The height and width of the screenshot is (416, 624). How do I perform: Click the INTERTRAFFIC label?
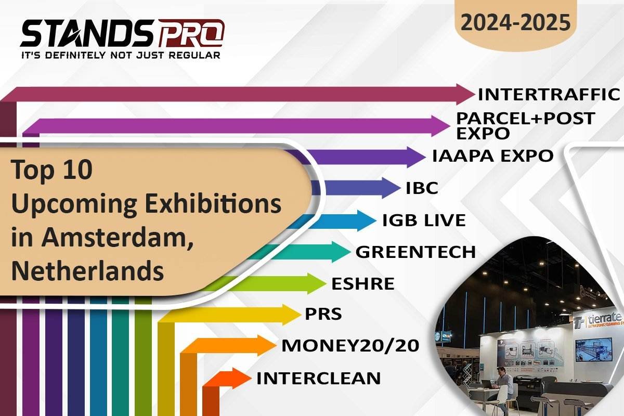point(549,95)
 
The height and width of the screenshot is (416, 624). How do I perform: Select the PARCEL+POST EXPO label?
point(525,125)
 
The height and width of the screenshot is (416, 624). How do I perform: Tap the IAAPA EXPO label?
point(492,155)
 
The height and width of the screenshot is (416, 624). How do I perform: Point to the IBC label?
point(422,188)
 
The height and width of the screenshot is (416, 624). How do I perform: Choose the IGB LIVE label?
point(423,220)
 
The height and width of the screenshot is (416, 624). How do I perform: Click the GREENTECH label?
point(415,252)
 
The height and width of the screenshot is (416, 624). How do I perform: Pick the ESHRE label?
point(362,284)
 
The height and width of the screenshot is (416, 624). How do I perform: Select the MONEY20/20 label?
point(350,345)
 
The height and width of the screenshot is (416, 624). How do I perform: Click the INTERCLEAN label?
point(318,378)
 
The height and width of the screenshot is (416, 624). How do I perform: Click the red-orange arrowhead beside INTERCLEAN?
point(240,378)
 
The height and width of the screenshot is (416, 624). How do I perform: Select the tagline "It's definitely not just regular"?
point(121,55)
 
